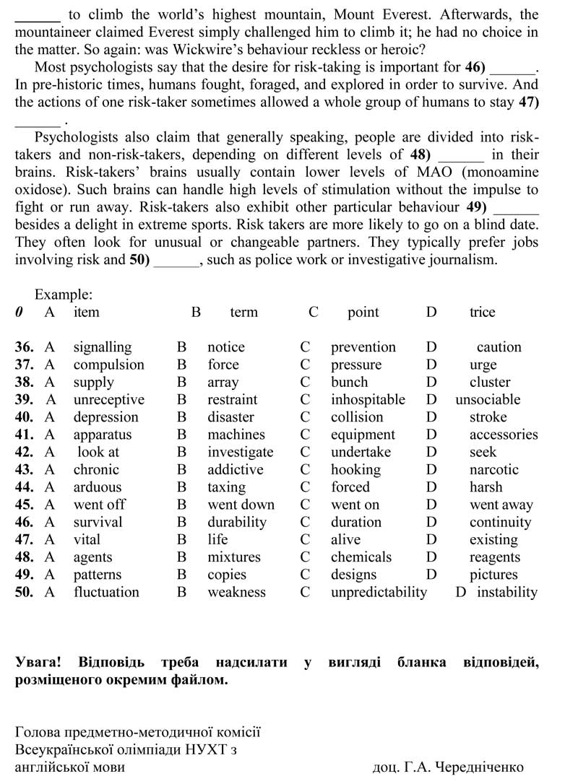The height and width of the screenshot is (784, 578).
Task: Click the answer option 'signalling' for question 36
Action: point(103,347)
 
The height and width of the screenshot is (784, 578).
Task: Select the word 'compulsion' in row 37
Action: point(108,365)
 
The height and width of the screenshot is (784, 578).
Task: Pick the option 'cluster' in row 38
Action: point(490,382)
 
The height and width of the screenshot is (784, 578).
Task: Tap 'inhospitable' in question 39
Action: point(368,399)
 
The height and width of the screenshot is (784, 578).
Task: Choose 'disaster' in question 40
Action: point(230,417)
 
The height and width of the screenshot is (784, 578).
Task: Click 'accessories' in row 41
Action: point(504,435)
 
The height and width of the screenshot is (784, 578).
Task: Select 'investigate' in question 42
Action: point(241,452)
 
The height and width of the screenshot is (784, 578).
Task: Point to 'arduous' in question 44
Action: point(98,487)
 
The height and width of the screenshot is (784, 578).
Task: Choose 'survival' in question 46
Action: point(98,522)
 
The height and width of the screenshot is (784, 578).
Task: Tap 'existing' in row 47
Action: point(493,539)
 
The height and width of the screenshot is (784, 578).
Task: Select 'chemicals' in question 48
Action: point(361,557)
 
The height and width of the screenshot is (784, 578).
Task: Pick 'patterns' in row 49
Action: point(98,575)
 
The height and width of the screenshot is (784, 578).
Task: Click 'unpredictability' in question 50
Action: point(379,592)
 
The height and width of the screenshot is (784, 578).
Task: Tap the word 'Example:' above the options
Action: point(64,295)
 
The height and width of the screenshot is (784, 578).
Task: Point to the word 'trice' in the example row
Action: point(483,312)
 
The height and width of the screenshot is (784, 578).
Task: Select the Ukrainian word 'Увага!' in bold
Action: point(38,662)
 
